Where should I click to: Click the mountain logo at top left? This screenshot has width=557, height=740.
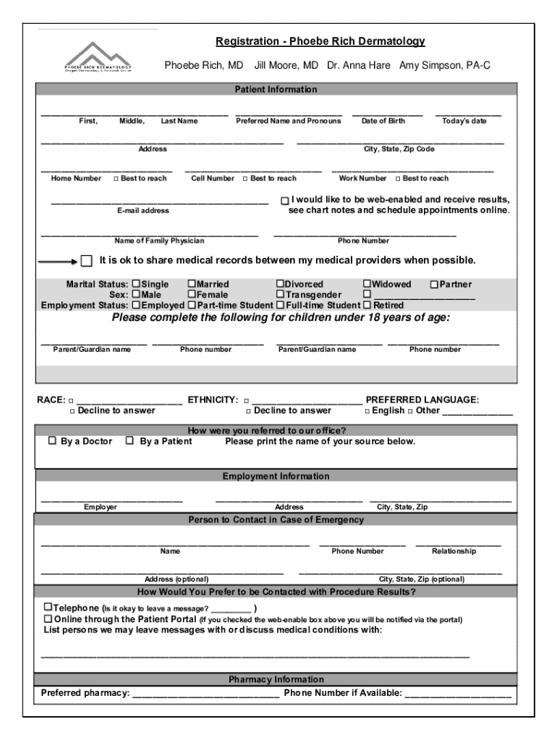click(x=97, y=56)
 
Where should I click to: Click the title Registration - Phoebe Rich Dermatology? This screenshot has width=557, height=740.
click(x=320, y=41)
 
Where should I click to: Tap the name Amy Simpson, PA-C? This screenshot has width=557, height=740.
click(x=445, y=65)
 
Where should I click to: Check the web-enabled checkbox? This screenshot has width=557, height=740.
click(x=285, y=200)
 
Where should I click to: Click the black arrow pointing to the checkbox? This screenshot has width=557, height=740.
click(x=57, y=261)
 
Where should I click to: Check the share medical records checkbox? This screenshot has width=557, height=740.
click(x=87, y=260)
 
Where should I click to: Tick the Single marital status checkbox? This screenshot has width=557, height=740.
click(x=136, y=285)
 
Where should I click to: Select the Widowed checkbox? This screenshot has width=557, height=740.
click(x=367, y=285)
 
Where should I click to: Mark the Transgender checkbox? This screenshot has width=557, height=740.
click(x=280, y=295)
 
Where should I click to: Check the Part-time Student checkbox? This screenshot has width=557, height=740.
click(x=192, y=305)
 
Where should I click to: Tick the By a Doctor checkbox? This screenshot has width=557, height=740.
click(x=52, y=441)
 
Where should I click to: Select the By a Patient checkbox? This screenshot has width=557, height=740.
click(x=129, y=441)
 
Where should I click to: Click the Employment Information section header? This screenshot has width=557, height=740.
click(x=276, y=476)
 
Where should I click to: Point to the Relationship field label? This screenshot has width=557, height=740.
click(x=454, y=551)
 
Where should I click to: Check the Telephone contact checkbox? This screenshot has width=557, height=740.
click(x=48, y=608)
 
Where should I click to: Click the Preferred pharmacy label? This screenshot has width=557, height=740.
click(x=85, y=693)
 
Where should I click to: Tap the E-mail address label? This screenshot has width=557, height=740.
click(x=143, y=210)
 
